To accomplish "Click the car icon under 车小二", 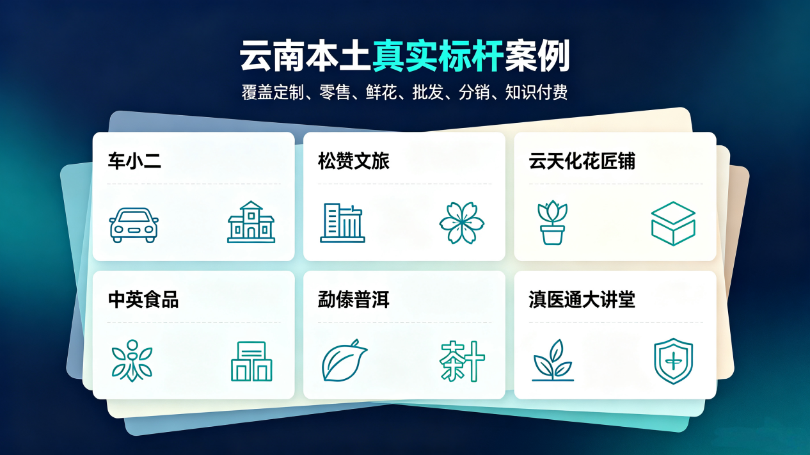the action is coord(134,225).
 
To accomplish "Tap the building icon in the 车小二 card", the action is coord(251,221).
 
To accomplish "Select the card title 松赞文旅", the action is coord(354,161).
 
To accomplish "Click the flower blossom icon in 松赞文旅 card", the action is coord(462,223).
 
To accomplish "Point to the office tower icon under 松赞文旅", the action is coord(342,223).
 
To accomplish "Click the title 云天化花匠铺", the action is coord(582,161).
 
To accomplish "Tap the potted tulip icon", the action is coord(552,223).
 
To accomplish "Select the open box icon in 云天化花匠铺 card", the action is coord(673,223).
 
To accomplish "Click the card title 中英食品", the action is coord(143,299).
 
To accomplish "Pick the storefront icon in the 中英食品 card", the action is coord(251,361).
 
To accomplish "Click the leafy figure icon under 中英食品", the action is coord(132,360).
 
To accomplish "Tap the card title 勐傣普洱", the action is coord(354,299).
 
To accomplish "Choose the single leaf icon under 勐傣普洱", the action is coord(344,360).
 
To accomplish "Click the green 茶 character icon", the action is coord(462,361).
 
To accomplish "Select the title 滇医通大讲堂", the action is coord(582,299).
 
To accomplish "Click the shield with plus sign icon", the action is coord(673,361).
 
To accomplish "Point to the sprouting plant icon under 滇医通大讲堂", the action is coord(553,360).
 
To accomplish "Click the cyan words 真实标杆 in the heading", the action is coord(438,56).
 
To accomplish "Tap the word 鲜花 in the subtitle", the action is coord(381,92).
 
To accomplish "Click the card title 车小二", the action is coord(134,161).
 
